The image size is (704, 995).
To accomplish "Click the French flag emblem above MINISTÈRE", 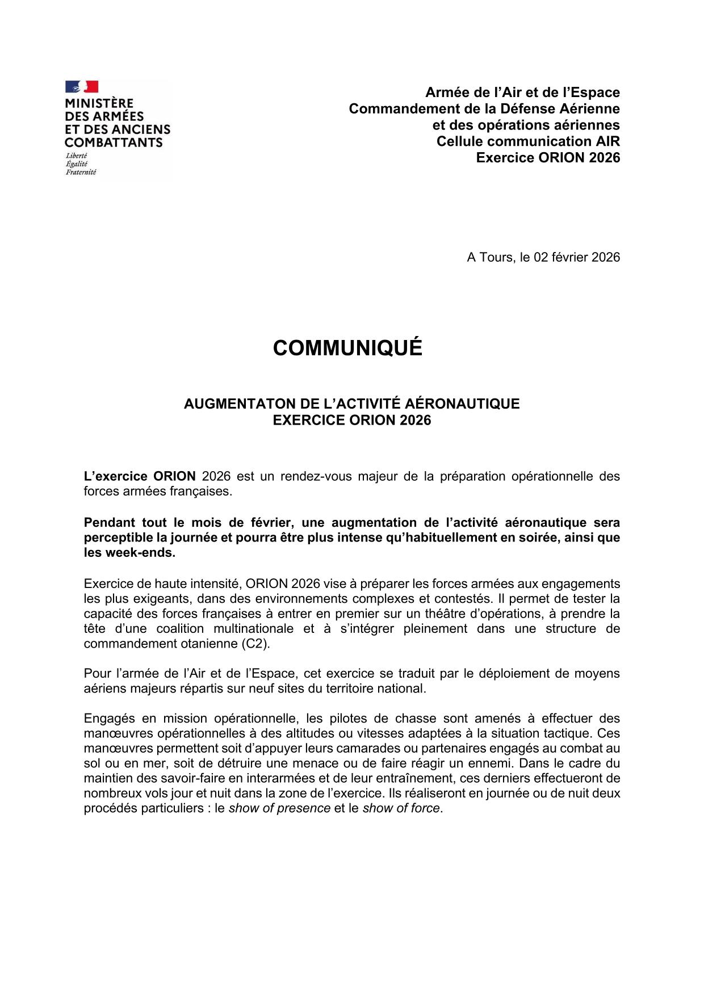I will point(82,86).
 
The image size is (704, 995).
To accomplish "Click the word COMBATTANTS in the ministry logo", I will point(114,142).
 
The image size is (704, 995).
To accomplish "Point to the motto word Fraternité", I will point(81,172).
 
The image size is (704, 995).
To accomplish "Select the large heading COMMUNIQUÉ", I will point(347,348).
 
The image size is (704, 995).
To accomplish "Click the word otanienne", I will point(213,644).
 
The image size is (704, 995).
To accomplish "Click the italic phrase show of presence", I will point(279,808).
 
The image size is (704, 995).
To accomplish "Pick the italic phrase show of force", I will point(401,808).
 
